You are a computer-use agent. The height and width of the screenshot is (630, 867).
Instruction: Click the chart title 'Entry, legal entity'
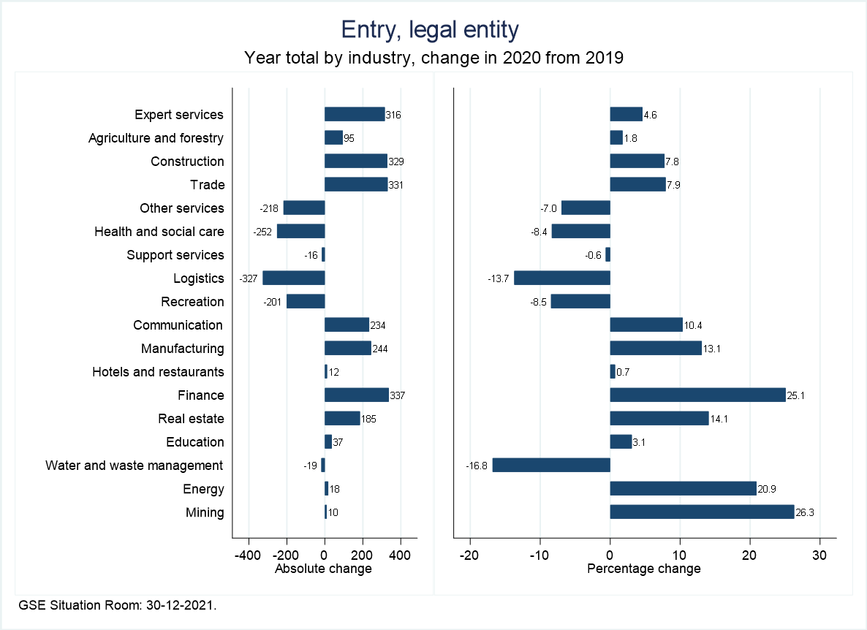point(430,30)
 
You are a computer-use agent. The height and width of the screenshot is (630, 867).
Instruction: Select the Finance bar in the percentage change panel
point(697,395)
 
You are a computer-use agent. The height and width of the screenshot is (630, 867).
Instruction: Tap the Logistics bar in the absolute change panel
point(293,278)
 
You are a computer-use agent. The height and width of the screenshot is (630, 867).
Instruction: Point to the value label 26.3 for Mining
point(805,512)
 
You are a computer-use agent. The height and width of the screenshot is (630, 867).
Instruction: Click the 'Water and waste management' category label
point(134,466)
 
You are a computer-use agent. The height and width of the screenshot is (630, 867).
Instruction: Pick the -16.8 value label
point(477,466)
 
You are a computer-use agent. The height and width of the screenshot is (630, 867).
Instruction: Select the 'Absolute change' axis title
point(323,569)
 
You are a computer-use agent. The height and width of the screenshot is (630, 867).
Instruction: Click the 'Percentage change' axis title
point(644,569)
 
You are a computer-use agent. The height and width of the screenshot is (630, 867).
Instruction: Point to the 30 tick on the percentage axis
point(819,554)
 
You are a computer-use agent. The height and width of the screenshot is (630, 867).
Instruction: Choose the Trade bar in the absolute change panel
point(356,185)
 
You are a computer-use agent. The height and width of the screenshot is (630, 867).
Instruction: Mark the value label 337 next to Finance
point(397,395)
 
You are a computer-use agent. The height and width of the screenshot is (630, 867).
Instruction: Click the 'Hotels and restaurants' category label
point(158,372)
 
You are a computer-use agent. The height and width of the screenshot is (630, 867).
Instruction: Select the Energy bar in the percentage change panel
point(683,489)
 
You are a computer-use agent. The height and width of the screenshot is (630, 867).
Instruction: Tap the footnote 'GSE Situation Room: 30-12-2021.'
point(118,605)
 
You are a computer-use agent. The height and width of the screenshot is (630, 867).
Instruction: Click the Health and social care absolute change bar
point(300,232)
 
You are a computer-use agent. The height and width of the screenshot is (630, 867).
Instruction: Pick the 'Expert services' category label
point(179,115)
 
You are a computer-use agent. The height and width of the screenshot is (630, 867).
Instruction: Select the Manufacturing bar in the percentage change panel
point(656,349)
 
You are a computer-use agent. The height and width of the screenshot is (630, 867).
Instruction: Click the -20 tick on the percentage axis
point(469,554)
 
